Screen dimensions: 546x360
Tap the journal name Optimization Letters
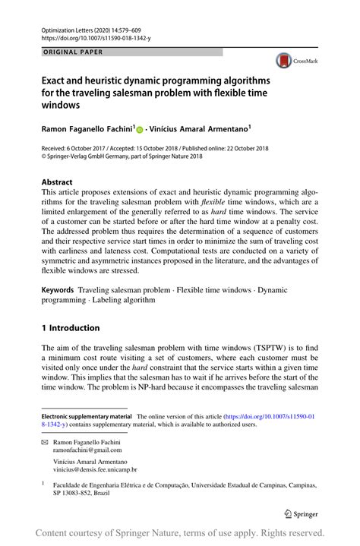(69, 26)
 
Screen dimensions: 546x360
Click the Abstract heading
(57, 182)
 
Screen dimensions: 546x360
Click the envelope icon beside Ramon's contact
(44, 441)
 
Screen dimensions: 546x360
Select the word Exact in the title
(55, 80)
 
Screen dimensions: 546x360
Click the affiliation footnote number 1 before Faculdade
(43, 481)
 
